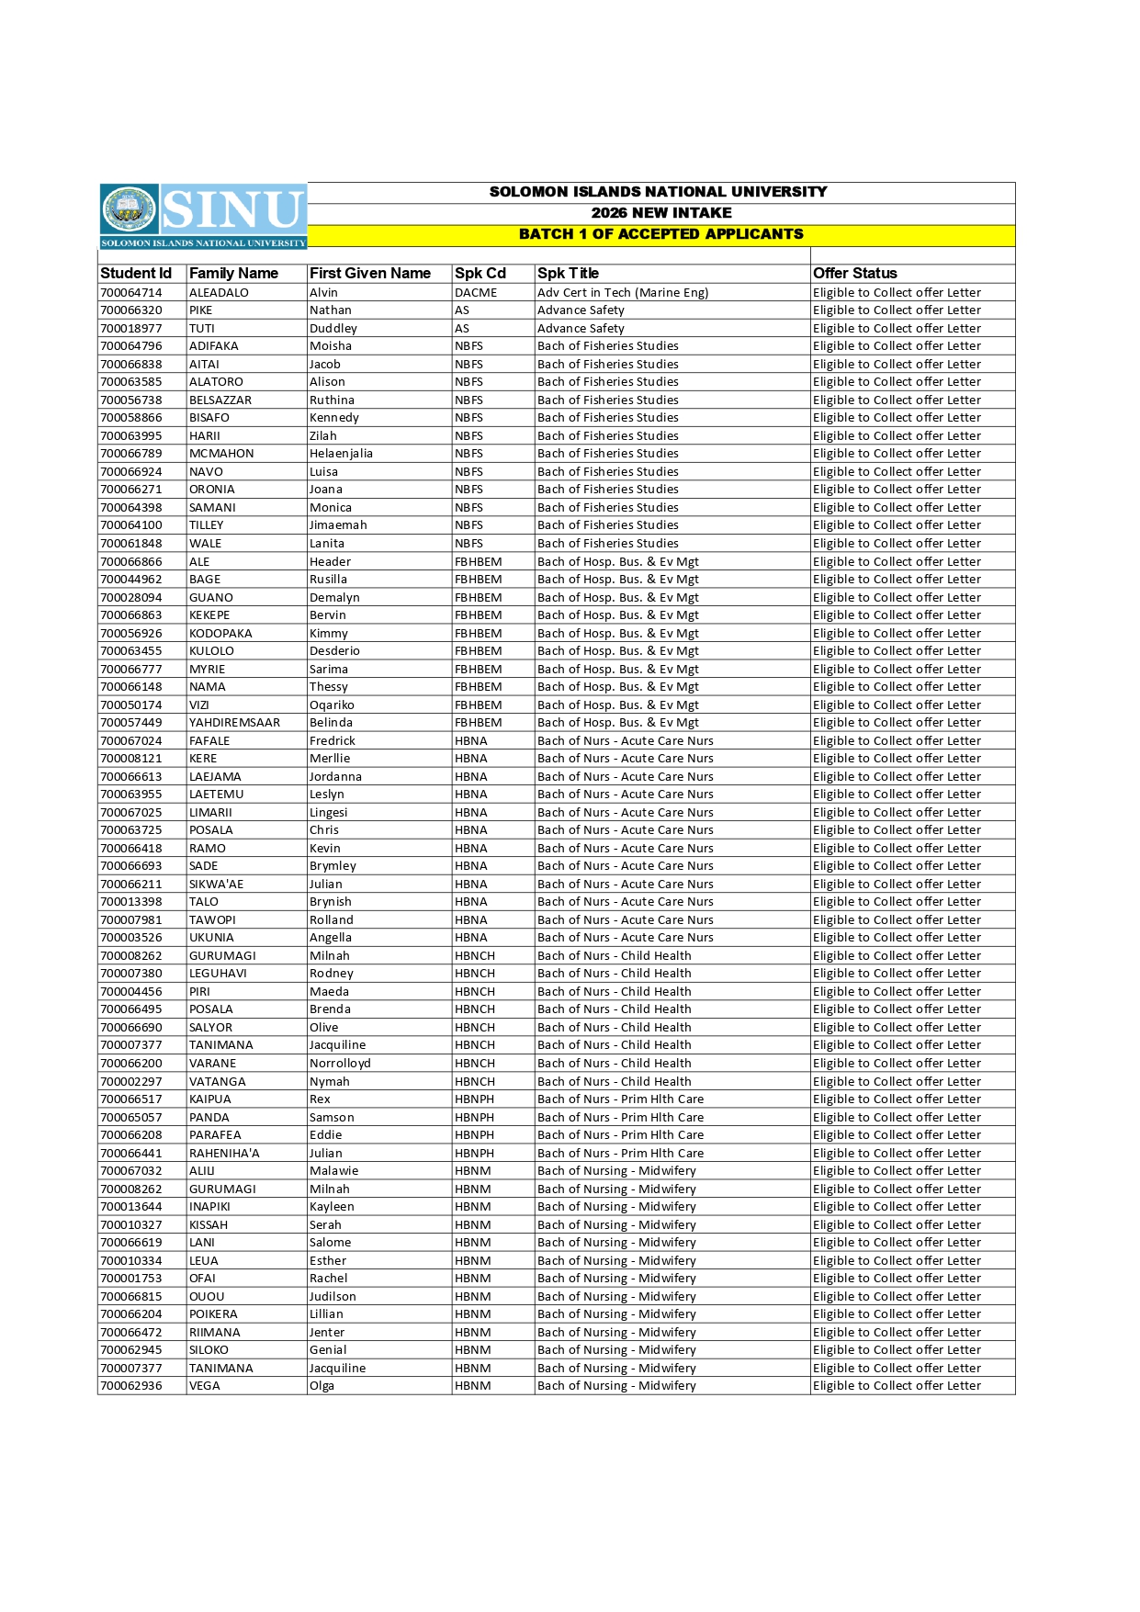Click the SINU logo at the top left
[x=202, y=215]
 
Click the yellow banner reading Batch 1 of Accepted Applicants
[x=660, y=234]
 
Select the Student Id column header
[x=136, y=273]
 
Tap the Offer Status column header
[x=854, y=273]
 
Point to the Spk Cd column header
[x=480, y=273]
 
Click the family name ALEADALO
[x=219, y=293]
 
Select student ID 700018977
[x=130, y=329]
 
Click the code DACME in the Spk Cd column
[x=475, y=293]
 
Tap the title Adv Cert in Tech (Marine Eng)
[x=623, y=293]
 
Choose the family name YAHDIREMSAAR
[x=234, y=723]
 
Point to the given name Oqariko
[x=332, y=705]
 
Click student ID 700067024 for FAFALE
[x=130, y=741]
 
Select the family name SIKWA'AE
[x=216, y=885]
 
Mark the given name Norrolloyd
[x=340, y=1064]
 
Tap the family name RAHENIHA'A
[x=224, y=1154]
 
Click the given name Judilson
[x=333, y=1297]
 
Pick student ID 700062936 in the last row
[x=130, y=1386]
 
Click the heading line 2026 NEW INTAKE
[x=660, y=213]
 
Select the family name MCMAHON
[x=221, y=454]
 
